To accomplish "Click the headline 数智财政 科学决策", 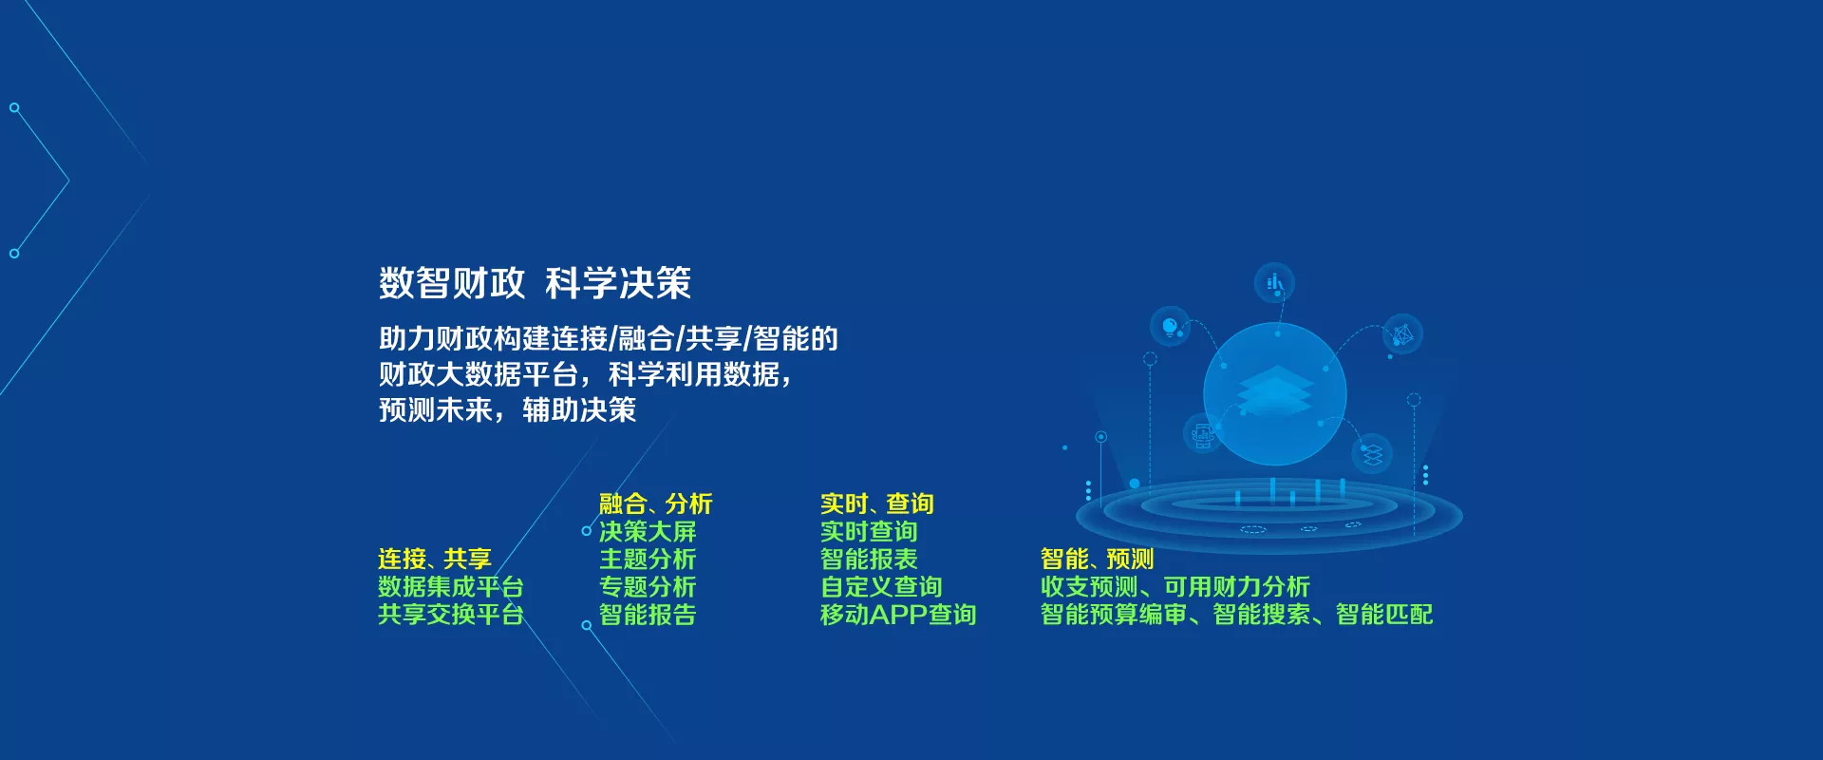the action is pyautogui.click(x=535, y=283).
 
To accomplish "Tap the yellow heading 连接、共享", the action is pyautogui.click(x=434, y=559).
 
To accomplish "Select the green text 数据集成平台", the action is pyautogui.click(x=450, y=587).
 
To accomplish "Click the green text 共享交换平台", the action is pyautogui.click(x=450, y=615).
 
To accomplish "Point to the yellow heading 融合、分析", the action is pyautogui.click(x=655, y=503).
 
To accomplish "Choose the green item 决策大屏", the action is pyautogui.click(x=648, y=531).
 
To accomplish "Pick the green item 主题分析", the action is pyautogui.click(x=648, y=559).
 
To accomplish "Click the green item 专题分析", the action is pyautogui.click(x=648, y=587).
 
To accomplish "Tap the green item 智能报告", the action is pyautogui.click(x=648, y=615).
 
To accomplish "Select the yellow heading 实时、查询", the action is pyautogui.click(x=876, y=503).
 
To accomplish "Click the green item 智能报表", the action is pyautogui.click(x=869, y=559).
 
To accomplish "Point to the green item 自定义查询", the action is pyautogui.click(x=881, y=587).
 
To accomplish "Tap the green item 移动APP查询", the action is pyautogui.click(x=898, y=615).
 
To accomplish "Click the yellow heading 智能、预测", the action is pyautogui.click(x=1097, y=559).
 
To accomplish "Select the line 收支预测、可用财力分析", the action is pyautogui.click(x=1175, y=587).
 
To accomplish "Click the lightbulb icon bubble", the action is pyautogui.click(x=1170, y=326).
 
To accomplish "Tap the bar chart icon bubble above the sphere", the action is pyautogui.click(x=1274, y=282).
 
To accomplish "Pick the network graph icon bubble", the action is pyautogui.click(x=1402, y=333).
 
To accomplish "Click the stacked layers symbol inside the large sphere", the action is pyautogui.click(x=1275, y=390).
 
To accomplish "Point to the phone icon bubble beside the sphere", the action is pyautogui.click(x=1203, y=434).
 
